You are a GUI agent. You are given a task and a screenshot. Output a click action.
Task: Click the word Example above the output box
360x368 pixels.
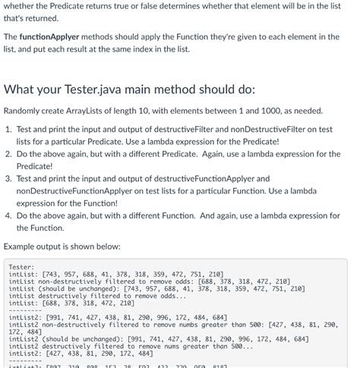click(x=22, y=246)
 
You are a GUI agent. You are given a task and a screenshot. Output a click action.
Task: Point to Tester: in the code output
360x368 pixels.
click(x=22, y=266)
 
